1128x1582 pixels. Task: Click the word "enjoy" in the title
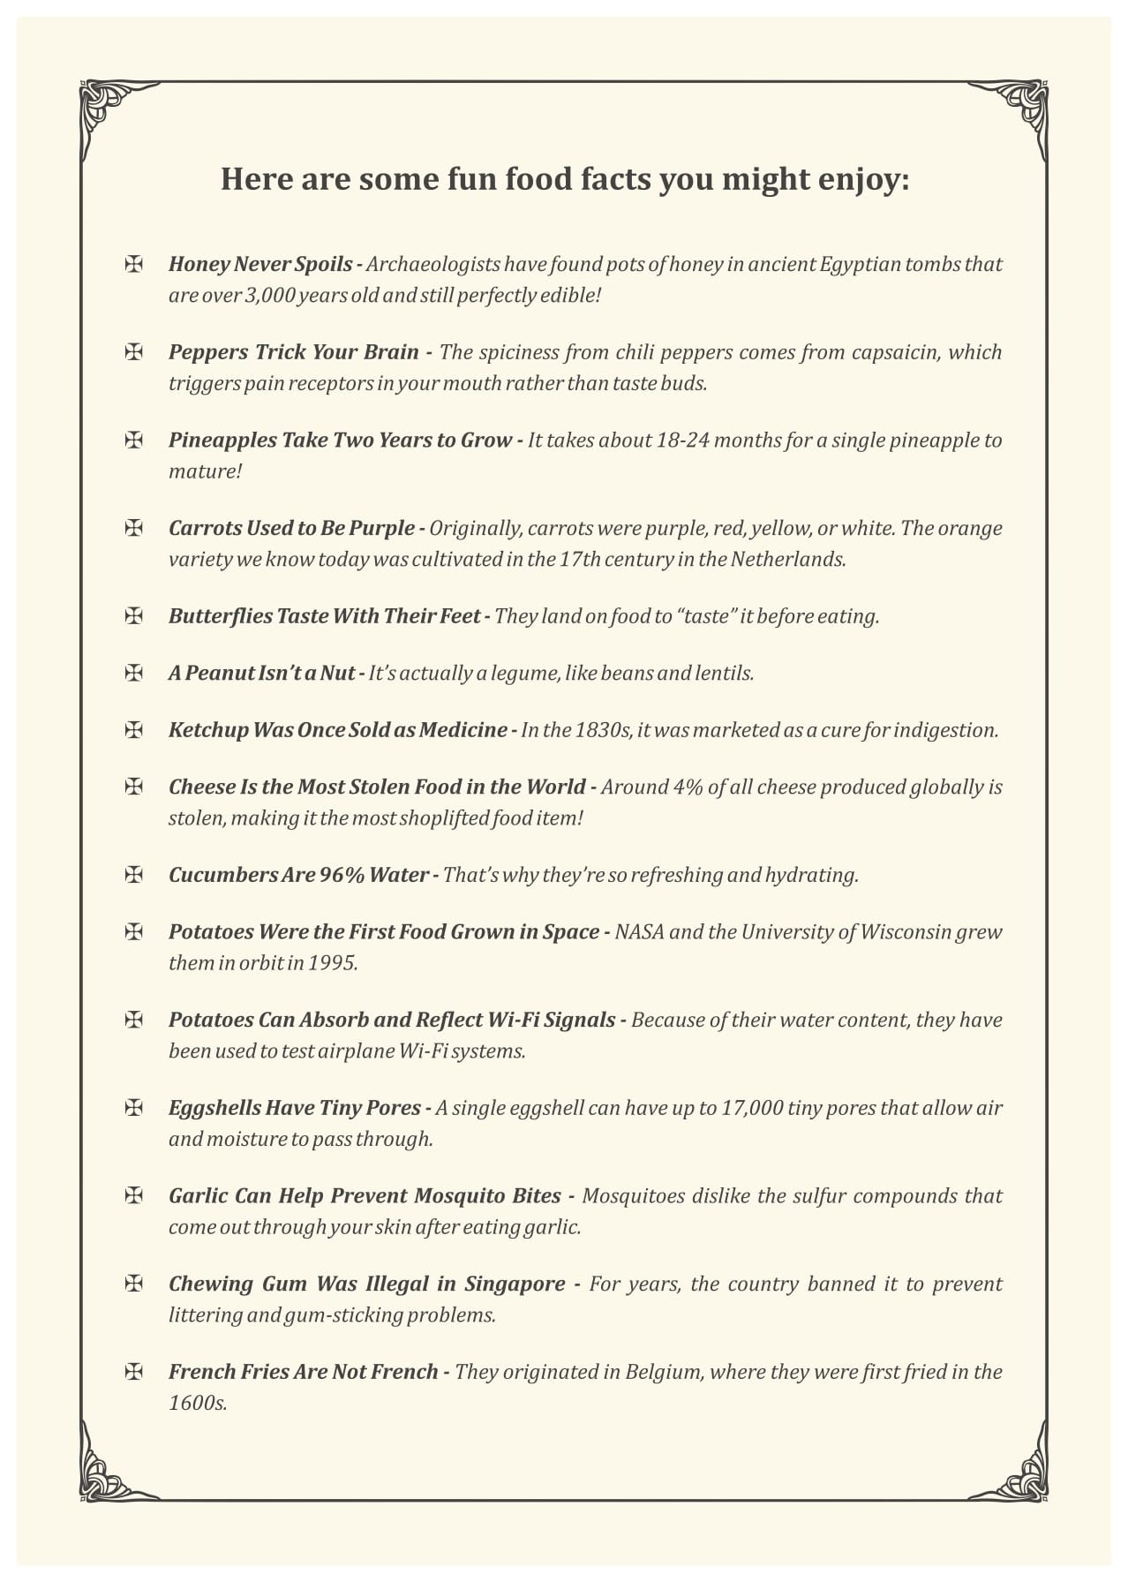coord(861,180)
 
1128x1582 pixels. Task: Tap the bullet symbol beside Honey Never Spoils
coord(134,264)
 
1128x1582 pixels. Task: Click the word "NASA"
coord(639,932)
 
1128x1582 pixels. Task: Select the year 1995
coord(333,962)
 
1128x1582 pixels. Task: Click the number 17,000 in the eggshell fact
coord(751,1108)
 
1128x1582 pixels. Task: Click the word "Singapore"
coord(515,1284)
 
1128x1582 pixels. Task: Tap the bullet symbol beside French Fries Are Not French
coord(134,1372)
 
